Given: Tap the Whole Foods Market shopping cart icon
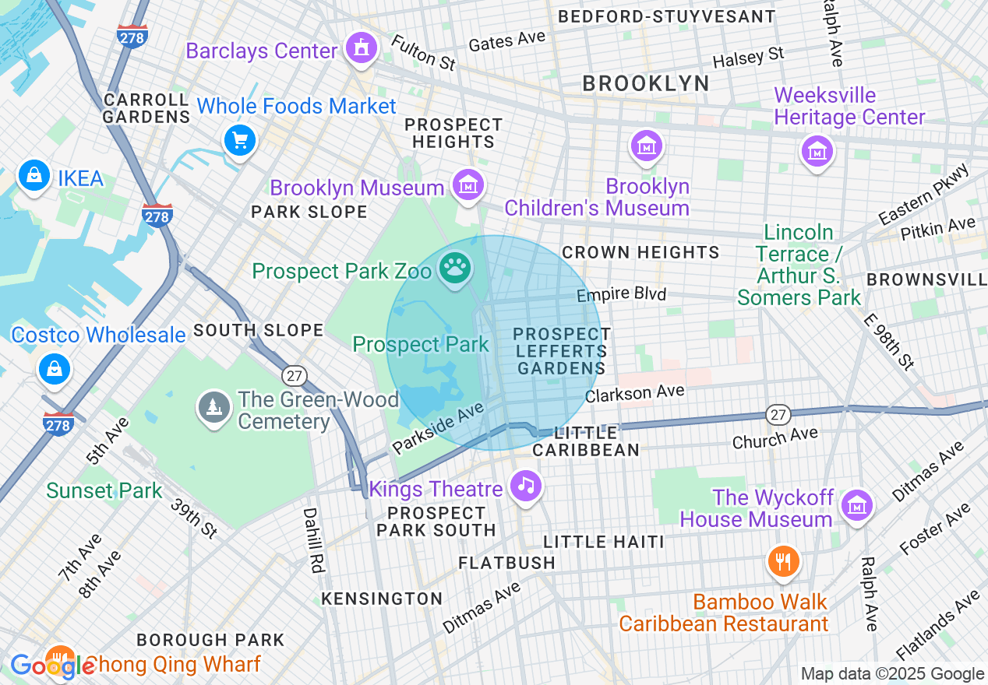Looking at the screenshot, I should tap(240, 141).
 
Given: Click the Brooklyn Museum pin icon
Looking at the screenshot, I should tap(468, 185).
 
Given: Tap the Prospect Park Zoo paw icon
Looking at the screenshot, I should tap(454, 269).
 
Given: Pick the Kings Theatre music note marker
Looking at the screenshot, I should tap(526, 486).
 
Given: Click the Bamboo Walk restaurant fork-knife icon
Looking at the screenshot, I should tap(783, 560).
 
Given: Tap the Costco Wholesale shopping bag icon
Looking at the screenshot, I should tap(55, 369).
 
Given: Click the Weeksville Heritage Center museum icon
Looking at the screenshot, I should tap(817, 151).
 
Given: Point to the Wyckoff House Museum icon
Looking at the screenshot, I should tap(856, 505).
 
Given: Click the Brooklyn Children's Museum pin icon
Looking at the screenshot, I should tap(647, 146).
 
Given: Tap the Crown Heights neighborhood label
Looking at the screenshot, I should tap(640, 252).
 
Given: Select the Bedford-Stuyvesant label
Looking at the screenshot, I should tap(667, 16).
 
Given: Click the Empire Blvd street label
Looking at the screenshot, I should tap(621, 294).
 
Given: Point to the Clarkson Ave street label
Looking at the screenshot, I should tap(635, 394).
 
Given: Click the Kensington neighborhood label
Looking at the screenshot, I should tap(382, 599).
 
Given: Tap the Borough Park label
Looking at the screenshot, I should tap(210, 640).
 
